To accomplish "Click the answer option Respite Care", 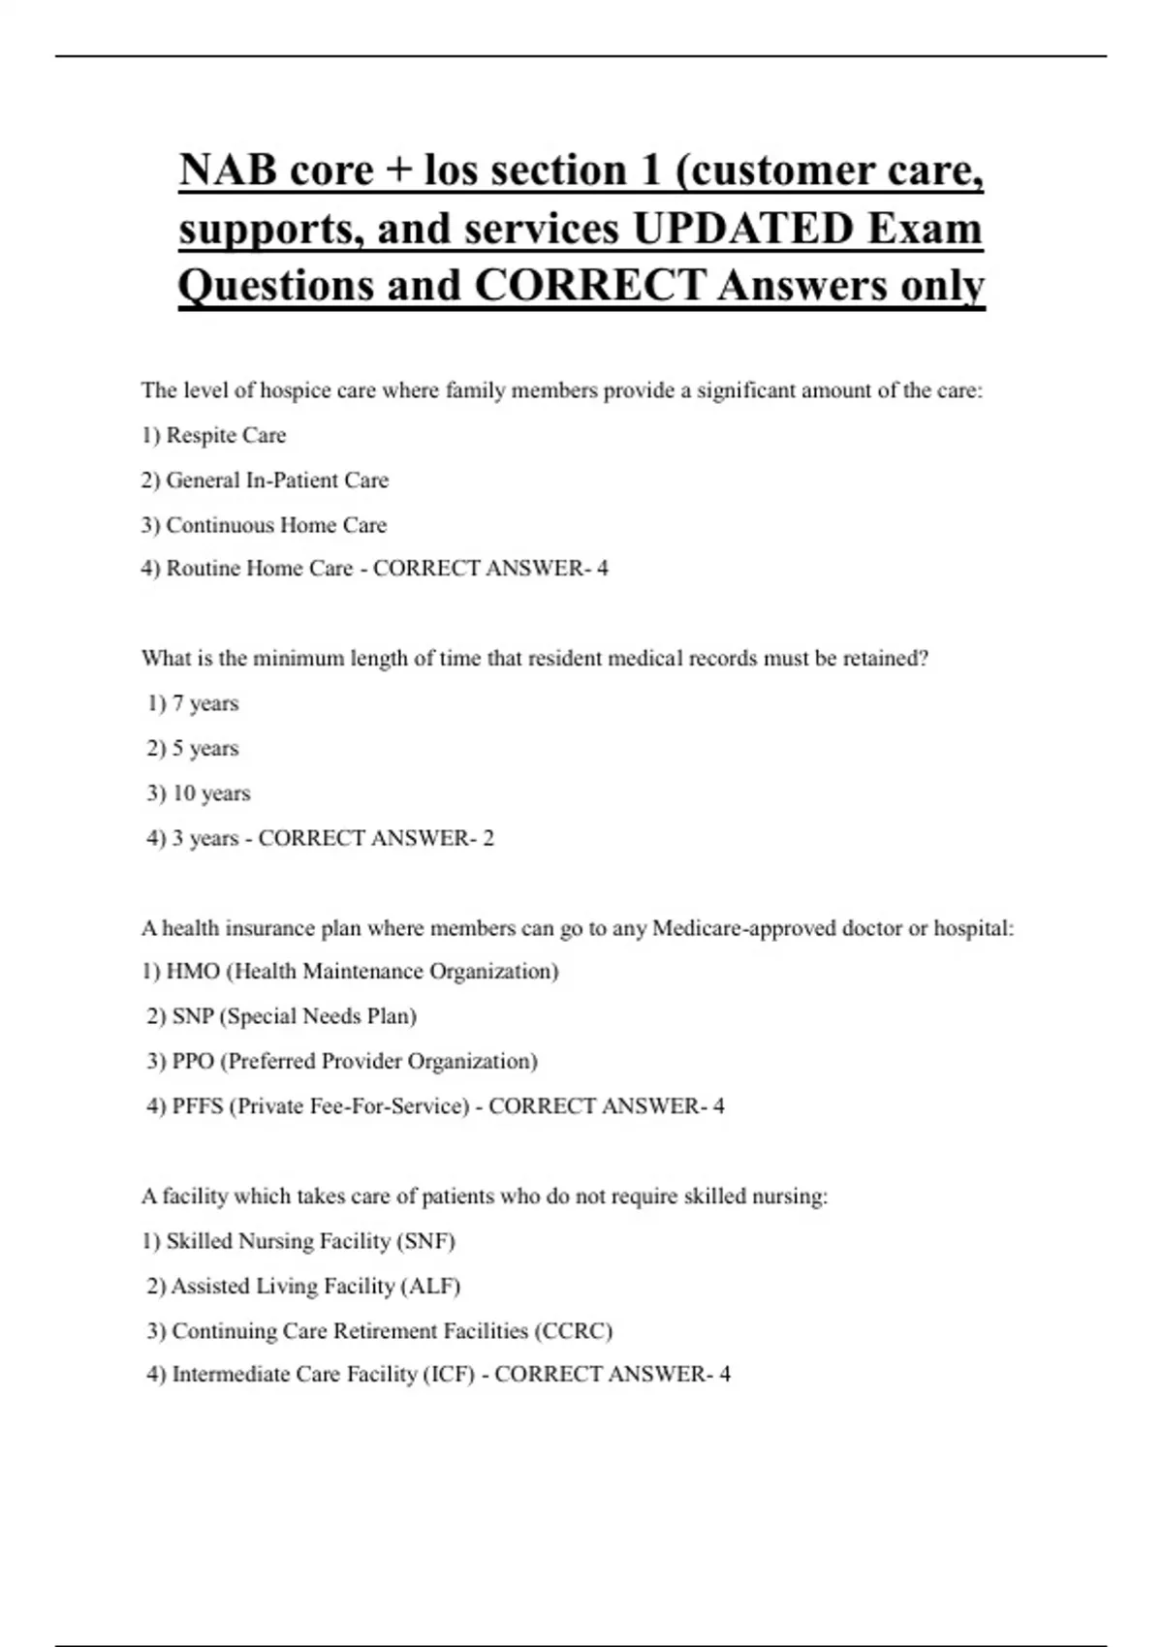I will (226, 435).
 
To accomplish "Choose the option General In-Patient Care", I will (277, 480).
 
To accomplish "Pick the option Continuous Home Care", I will (276, 525).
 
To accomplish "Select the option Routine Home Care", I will (260, 568).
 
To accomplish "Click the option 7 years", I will (205, 703).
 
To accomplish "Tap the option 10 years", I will (211, 793).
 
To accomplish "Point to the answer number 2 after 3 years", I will (488, 838).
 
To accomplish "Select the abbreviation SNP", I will (193, 1016).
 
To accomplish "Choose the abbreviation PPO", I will (193, 1061).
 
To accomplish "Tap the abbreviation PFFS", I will (198, 1105).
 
